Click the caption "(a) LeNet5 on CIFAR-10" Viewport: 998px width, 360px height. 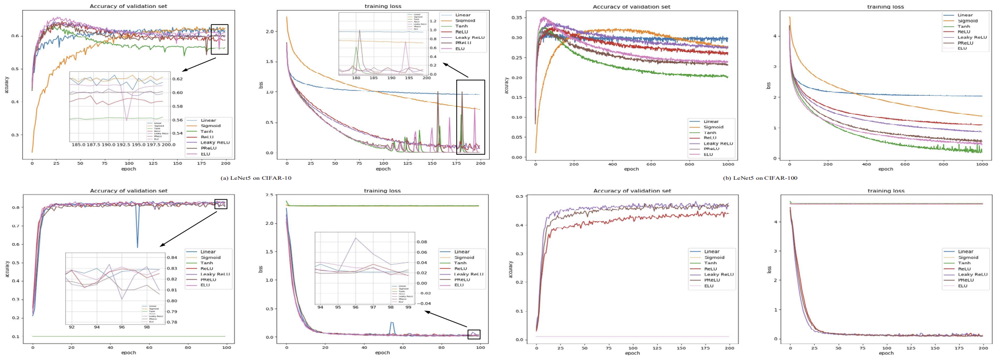click(256, 178)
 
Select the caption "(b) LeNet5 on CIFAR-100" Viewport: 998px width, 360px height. click(760, 178)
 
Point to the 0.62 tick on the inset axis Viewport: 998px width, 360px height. click(178, 79)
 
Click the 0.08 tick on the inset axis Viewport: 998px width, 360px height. click(421, 242)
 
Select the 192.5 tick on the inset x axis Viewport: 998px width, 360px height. click(123, 145)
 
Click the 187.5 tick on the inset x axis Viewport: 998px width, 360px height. click(93, 145)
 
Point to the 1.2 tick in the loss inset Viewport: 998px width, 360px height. click(433, 21)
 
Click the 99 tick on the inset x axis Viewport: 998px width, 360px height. click(408, 307)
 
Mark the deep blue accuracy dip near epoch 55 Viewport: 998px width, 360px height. click(137, 245)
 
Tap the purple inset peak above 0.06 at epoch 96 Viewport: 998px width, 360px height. click(356, 238)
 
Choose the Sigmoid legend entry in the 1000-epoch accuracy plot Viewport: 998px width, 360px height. click(714, 127)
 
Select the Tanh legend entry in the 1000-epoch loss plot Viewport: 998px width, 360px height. click(964, 27)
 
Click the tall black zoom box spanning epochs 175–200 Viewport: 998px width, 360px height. click(471, 117)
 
